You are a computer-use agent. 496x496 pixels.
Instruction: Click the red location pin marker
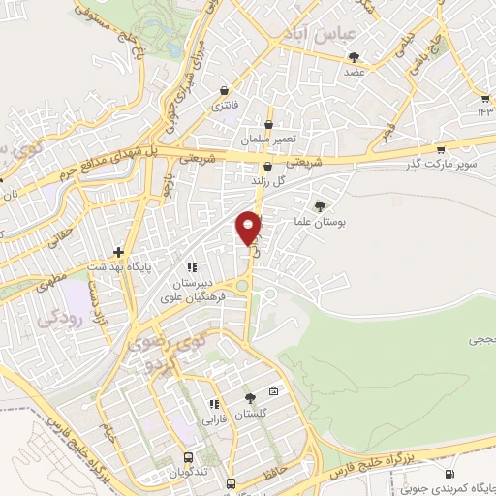249,229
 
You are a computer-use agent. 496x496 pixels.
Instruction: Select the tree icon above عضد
355,57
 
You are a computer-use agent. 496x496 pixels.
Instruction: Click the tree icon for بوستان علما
320,205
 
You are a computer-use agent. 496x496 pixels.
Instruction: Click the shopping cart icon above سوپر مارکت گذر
441,150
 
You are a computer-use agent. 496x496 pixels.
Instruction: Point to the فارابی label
212,419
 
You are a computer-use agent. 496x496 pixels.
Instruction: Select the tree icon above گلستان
250,398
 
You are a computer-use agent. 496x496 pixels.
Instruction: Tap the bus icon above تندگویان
188,457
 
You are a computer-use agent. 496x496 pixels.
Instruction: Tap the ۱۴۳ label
484,112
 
